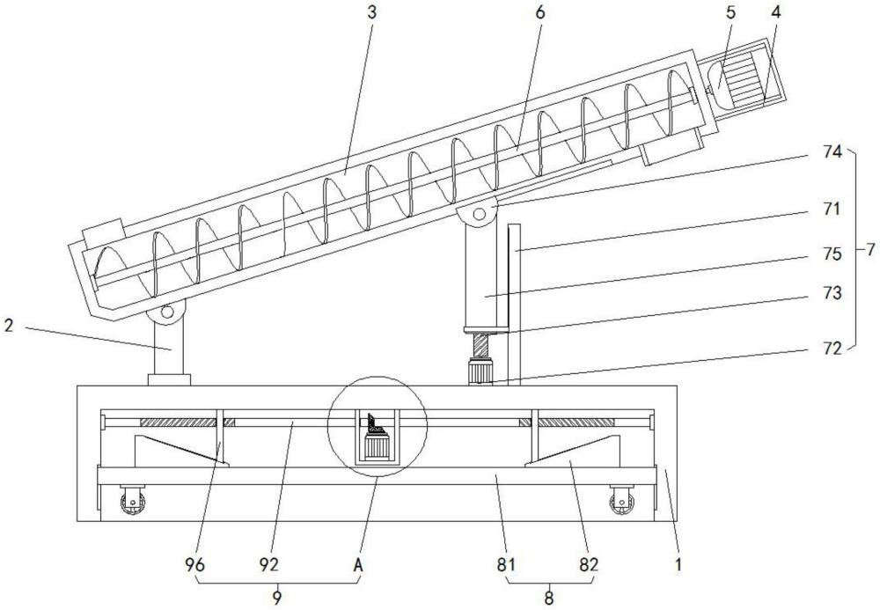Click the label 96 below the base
[x=194, y=564]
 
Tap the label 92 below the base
[x=268, y=564]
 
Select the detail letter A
[x=359, y=564]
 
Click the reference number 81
[x=505, y=564]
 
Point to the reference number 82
[x=589, y=564]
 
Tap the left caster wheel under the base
[x=133, y=503]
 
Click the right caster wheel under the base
[x=621, y=503]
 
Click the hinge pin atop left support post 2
[x=167, y=312]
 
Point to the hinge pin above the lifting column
[x=479, y=214]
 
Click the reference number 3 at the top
[x=371, y=12]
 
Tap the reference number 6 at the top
[x=539, y=12]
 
